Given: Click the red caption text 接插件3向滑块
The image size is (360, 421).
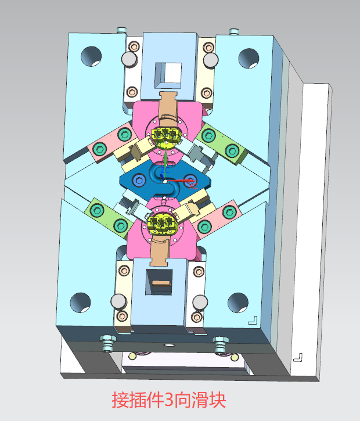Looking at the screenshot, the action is [x=169, y=400].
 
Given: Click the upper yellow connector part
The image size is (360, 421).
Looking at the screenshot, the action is [x=164, y=136].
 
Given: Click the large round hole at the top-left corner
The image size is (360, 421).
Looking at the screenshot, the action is [x=91, y=56].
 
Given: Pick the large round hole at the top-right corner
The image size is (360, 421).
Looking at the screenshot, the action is [x=249, y=59].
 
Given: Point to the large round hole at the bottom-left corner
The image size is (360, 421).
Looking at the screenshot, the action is [x=81, y=303].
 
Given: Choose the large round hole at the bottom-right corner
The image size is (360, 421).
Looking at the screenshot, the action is [x=238, y=303].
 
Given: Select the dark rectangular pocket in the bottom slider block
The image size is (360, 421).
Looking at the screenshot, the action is [x=159, y=282].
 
